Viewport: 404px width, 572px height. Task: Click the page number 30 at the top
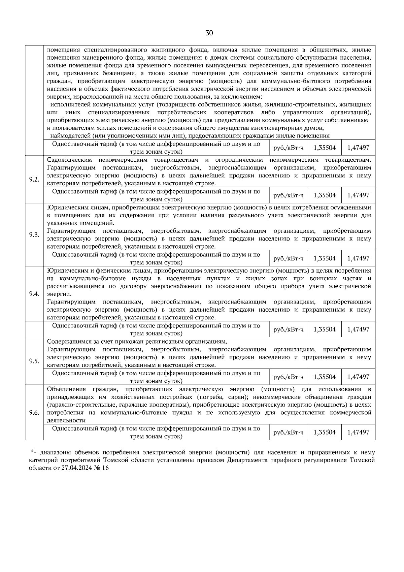[x=209, y=33]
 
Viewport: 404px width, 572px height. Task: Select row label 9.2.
[x=34, y=179]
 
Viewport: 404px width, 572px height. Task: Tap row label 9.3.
[x=34, y=234]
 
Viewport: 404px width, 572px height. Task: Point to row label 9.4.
[x=34, y=294]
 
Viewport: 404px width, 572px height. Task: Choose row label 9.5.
[x=34, y=361]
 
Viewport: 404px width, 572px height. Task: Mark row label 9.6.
[x=34, y=413]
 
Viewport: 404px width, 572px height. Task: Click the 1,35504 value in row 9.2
[x=325, y=195]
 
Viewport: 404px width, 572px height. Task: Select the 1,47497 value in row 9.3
[x=358, y=258]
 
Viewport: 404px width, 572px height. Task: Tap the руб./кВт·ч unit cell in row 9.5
[x=289, y=377]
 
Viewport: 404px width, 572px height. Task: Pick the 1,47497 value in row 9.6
[x=358, y=432]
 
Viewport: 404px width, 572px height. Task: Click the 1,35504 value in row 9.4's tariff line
[x=325, y=329]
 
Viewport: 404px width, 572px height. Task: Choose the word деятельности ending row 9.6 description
[x=66, y=420]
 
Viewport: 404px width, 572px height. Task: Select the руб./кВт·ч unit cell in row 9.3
[x=289, y=258]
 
